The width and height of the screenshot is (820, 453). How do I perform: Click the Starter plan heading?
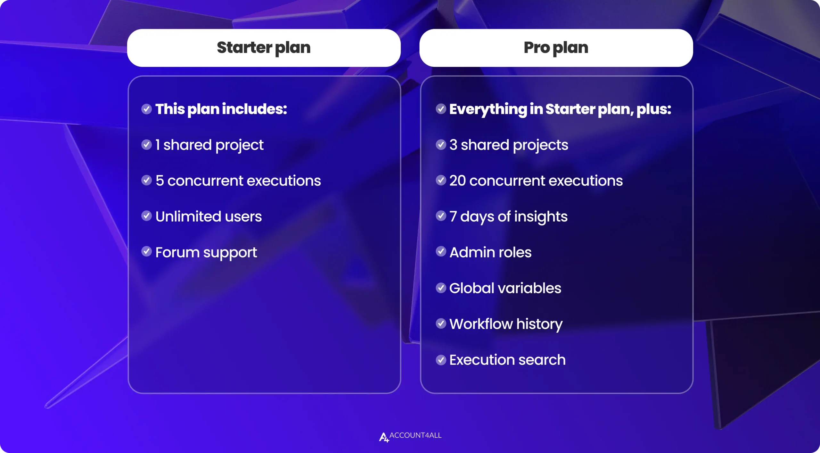pos(264,48)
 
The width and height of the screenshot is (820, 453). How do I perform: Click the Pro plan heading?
pos(556,48)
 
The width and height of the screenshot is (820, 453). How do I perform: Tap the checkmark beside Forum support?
pos(146,252)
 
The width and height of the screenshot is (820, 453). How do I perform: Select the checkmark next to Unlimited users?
pos(146,216)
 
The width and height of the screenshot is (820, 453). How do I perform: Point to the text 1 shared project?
pos(209,145)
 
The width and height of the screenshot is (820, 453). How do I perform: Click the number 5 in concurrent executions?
pos(160,180)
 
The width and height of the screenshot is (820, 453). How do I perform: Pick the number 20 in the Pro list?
pos(457,180)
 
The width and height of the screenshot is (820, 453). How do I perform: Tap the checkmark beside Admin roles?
pos(441,252)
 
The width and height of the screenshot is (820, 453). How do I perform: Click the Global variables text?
pos(505,288)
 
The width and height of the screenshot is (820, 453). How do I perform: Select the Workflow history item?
pos(506,324)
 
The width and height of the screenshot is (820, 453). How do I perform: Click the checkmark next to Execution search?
pos(441,360)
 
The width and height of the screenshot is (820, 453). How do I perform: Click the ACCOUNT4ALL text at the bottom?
pos(415,435)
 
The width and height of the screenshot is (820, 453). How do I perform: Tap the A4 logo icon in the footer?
pos(384,437)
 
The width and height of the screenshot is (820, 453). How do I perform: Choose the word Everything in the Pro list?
pos(488,109)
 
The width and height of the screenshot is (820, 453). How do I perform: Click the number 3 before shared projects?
pos(453,145)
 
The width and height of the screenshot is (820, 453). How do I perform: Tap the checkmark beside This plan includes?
pos(146,109)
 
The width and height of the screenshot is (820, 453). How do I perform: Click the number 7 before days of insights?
pos(453,216)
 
